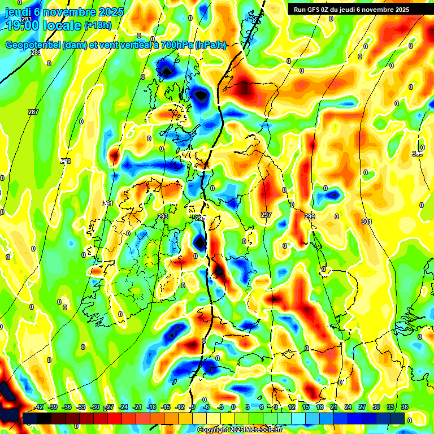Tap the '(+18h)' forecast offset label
pyautogui.click(x=98, y=25)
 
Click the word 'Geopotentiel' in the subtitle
pyautogui.click(x=33, y=45)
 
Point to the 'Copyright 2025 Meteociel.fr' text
pyautogui.click(x=240, y=430)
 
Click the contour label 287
pyautogui.click(x=33, y=112)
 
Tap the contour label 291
pyautogui.click(x=108, y=203)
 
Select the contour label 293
pyautogui.click(x=163, y=216)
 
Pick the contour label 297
pyautogui.click(x=266, y=215)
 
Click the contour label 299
pyautogui.click(x=310, y=216)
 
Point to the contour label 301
pyautogui.click(x=367, y=222)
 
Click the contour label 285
pyautogui.click(x=36, y=53)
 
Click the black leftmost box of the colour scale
pyautogui.click(x=29, y=418)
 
